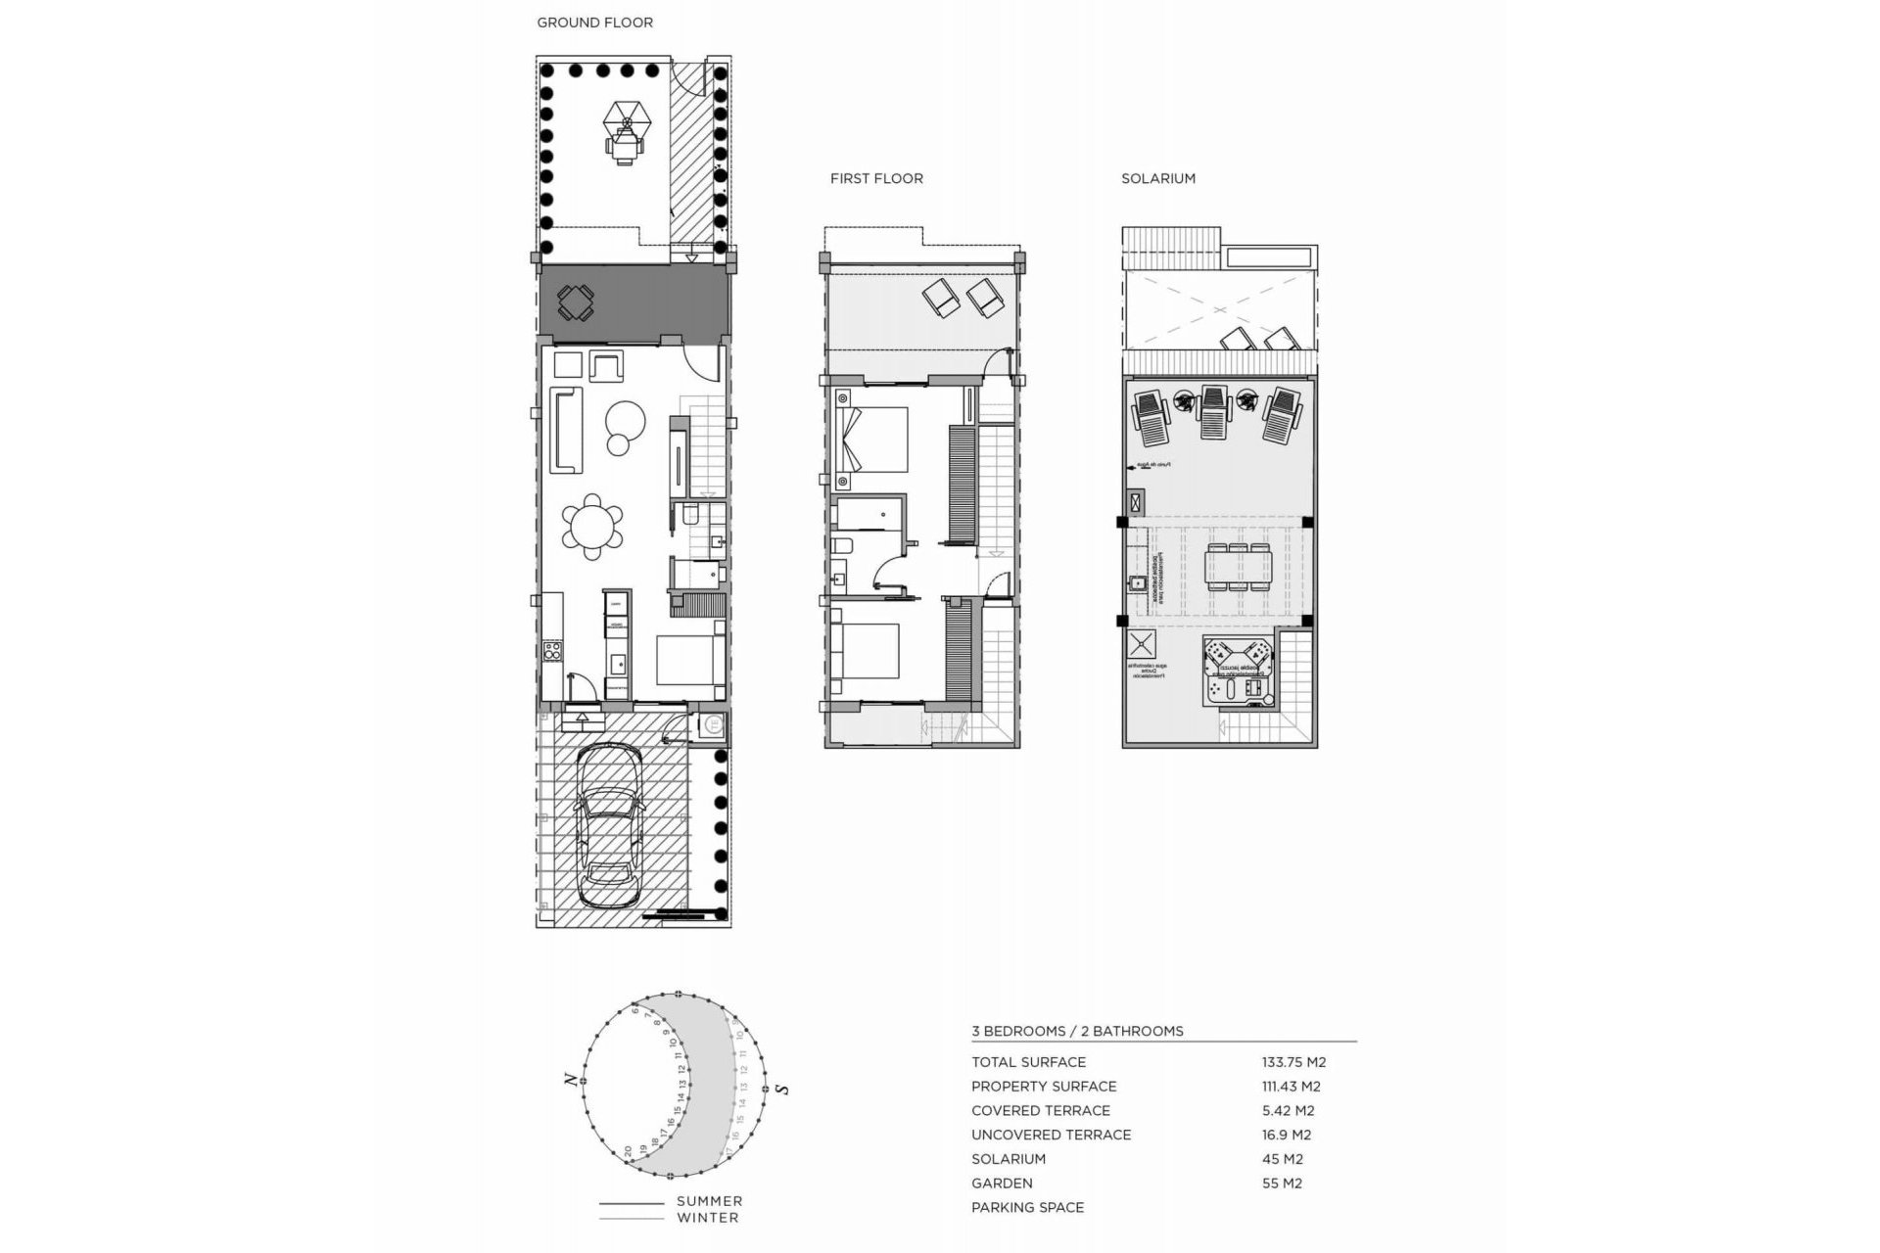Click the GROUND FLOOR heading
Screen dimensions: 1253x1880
[594, 23]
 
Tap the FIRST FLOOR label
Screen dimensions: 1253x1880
[876, 178]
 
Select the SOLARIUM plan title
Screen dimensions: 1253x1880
[1158, 178]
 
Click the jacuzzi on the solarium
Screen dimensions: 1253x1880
[1237, 671]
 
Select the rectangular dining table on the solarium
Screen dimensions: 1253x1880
[1239, 567]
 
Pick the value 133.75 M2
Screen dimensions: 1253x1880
[1293, 1062]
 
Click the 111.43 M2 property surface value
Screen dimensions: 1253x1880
[1291, 1087]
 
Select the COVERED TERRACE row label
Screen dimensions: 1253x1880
[1040, 1111]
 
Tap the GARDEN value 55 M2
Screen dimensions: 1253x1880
[1282, 1183]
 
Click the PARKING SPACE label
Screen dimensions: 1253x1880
[1027, 1208]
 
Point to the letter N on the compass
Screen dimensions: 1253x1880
[569, 1080]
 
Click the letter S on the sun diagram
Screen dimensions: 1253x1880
[781, 1089]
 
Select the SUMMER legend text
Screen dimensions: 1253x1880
[709, 1201]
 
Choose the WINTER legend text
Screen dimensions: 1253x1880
[707, 1218]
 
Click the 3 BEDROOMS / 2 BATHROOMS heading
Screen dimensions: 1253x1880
[1077, 1031]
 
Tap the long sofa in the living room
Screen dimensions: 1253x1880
[565, 429]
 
